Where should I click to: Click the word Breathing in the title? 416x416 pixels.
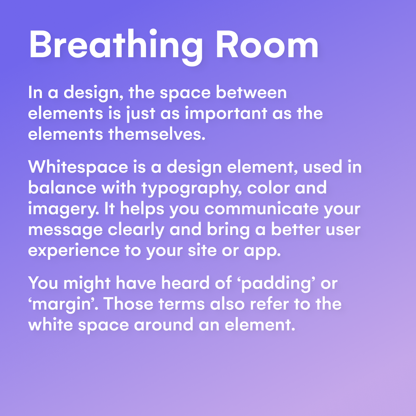pos(116,46)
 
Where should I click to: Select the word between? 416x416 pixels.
pos(251,93)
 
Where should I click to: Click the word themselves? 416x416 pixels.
pos(157,134)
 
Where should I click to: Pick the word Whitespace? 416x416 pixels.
pos(78,168)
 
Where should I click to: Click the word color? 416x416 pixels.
pos(268,188)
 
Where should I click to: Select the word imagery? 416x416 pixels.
pos(63,209)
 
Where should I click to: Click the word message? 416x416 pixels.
pos(66,230)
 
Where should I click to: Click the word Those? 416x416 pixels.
pos(129,304)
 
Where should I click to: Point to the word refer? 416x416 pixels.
pos(269,304)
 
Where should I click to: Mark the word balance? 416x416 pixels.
pos(62,188)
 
